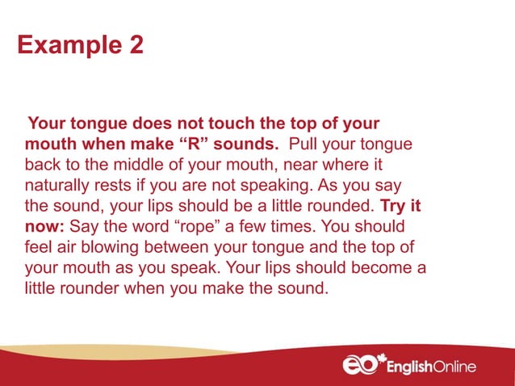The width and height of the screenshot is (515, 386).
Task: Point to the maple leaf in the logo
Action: click(x=387, y=356)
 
